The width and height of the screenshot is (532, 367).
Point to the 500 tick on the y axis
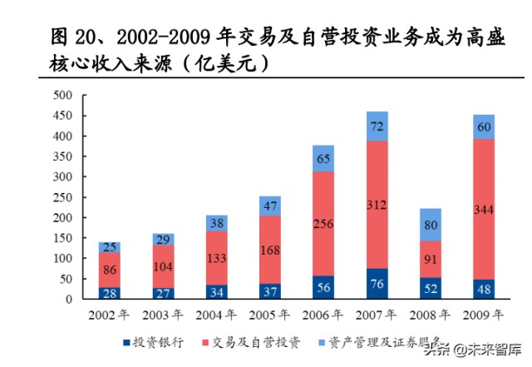(62, 95)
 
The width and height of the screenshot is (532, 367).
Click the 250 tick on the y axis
(62, 197)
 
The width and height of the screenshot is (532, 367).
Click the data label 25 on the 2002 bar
(110, 247)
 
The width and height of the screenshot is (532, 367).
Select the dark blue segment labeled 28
(110, 293)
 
